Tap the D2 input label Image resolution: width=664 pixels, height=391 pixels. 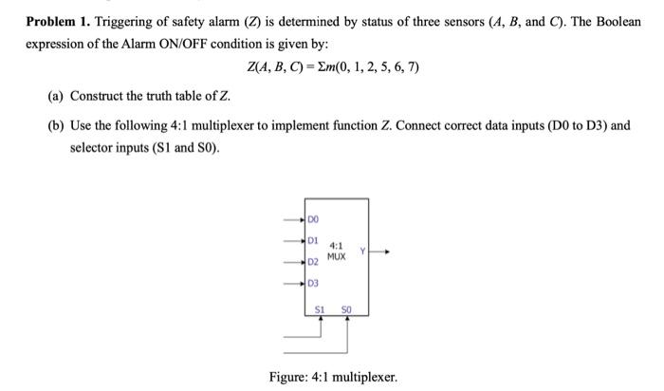(313, 262)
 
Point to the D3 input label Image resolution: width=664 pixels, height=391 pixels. (313, 283)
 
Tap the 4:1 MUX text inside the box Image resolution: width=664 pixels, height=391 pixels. (337, 251)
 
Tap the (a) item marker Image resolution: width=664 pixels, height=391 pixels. (55, 96)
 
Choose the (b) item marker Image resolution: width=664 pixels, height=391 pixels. (55, 126)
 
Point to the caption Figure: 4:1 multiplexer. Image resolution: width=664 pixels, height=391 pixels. (333, 377)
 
